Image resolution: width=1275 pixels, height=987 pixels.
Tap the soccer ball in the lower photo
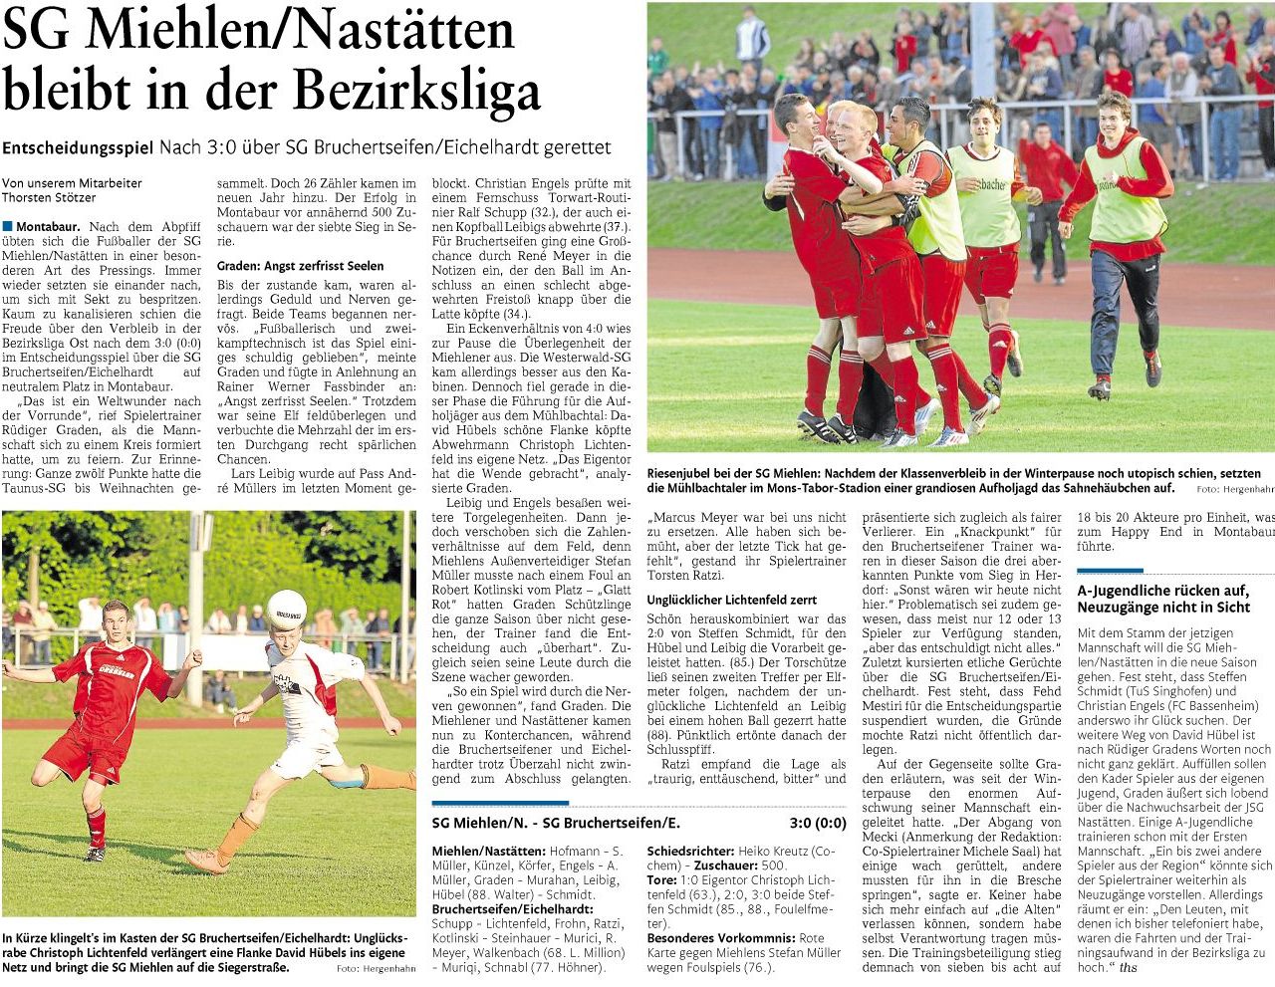[287, 609]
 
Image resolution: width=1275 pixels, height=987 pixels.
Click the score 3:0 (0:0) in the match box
[817, 823]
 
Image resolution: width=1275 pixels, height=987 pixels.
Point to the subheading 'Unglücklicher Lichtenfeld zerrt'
[731, 600]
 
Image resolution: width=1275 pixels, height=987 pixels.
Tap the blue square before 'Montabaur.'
[8, 226]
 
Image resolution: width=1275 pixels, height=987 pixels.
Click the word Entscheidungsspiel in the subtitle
[78, 147]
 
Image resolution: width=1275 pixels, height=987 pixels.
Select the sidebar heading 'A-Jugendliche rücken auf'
[1162, 590]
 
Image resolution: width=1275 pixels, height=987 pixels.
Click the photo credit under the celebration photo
[1234, 490]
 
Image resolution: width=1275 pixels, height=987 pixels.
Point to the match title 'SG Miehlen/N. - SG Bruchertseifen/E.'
[556, 823]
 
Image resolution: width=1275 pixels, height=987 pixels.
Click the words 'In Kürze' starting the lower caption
[26, 938]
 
